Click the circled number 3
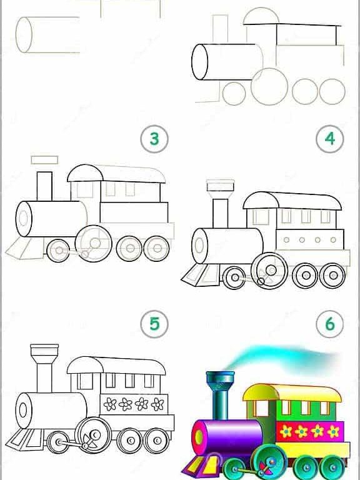[154, 139]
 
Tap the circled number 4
[331, 139]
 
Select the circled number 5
[154, 323]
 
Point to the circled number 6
[331, 323]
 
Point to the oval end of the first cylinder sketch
[24, 35]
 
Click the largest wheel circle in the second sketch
[269, 86]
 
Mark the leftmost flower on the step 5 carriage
[111, 404]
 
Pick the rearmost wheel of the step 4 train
[332, 275]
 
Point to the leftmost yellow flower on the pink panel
[287, 431]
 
